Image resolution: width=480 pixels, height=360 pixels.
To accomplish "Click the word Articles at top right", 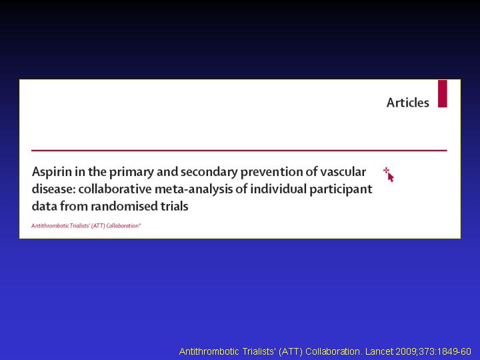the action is (408, 103).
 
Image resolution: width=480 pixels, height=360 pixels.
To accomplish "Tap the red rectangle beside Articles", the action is (443, 94).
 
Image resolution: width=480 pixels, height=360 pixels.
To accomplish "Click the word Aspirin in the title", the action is (52, 173).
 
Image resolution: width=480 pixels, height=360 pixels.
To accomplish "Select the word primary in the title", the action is (131, 173).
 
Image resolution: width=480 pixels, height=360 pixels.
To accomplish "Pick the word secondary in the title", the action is (209, 172).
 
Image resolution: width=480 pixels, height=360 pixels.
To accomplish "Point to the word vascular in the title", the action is (343, 172).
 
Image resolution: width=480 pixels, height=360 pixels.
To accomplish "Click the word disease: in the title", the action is (53, 189).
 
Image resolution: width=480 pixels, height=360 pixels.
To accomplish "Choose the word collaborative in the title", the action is (115, 189).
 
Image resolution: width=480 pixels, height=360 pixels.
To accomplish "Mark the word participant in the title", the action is (341, 189).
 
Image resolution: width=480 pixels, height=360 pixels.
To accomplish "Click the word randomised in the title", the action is (124, 206).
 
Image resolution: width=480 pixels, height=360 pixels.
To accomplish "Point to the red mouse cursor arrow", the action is (390, 177).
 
